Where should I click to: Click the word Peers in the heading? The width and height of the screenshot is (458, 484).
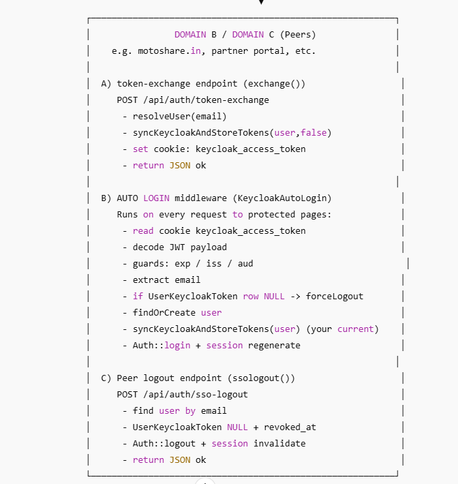pos(297,35)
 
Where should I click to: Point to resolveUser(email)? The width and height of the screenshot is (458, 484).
pos(180,117)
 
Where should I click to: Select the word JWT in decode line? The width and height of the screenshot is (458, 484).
pos(177,247)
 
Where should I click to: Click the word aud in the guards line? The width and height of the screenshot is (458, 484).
pos(245,264)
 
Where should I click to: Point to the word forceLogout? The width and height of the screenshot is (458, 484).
pos(335,297)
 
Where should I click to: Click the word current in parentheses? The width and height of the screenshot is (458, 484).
pos(356,329)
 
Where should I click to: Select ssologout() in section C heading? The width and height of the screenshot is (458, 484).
pos(266,378)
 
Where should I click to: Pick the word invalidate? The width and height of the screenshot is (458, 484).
pos(279,444)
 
